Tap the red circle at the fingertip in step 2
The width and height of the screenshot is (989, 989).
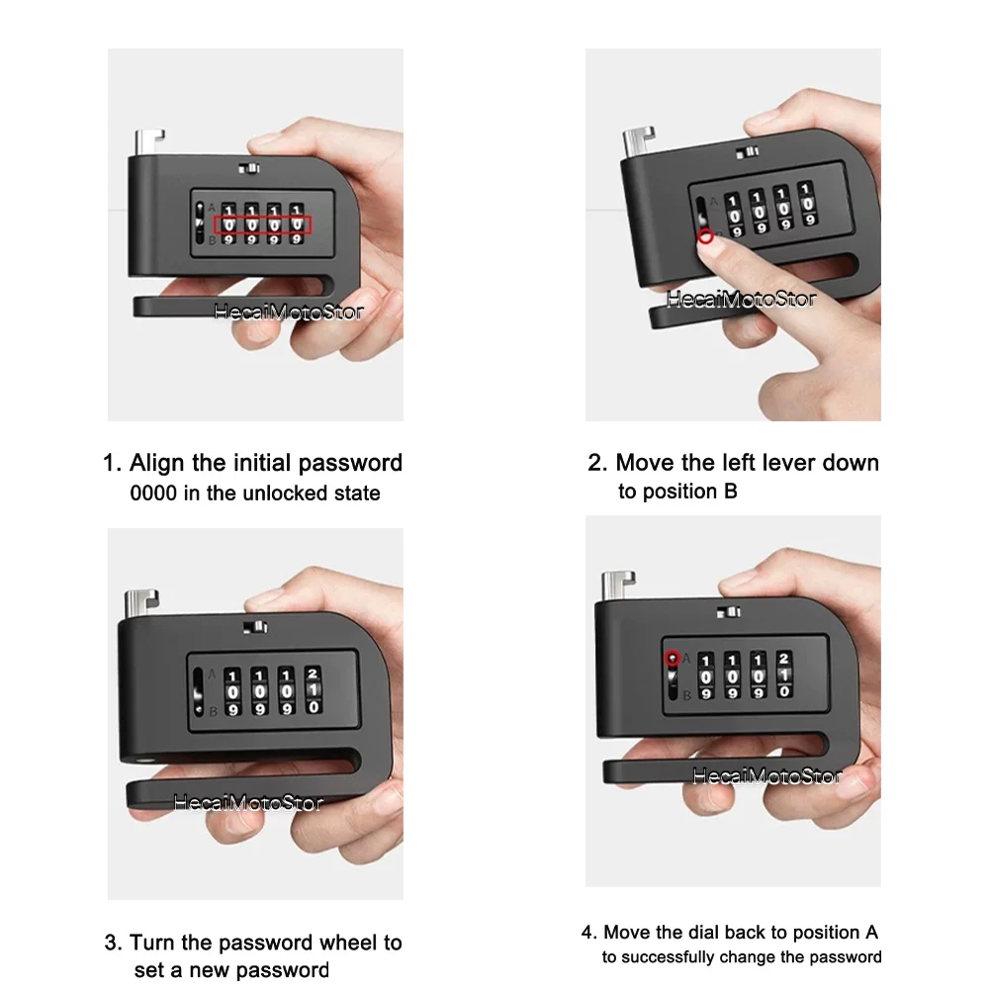click(706, 236)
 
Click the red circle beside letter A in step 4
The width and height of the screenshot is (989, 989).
click(673, 658)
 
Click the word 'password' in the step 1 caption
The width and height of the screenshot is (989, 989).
click(350, 463)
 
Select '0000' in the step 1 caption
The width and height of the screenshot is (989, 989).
click(153, 494)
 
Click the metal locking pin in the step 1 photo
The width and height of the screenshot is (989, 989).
click(149, 142)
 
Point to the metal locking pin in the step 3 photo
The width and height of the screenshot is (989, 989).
click(140, 604)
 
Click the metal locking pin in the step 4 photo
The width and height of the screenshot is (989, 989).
click(617, 585)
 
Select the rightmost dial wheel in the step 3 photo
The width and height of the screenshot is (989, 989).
click(313, 690)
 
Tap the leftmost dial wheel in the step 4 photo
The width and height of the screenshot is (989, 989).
click(706, 676)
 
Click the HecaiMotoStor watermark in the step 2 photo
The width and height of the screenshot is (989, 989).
click(741, 299)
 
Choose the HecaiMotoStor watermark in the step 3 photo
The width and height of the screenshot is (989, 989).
click(248, 802)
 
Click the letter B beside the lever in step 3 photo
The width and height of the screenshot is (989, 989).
click(214, 711)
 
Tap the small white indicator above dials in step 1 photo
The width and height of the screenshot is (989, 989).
click(248, 168)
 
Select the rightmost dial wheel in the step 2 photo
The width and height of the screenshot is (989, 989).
click(807, 203)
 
